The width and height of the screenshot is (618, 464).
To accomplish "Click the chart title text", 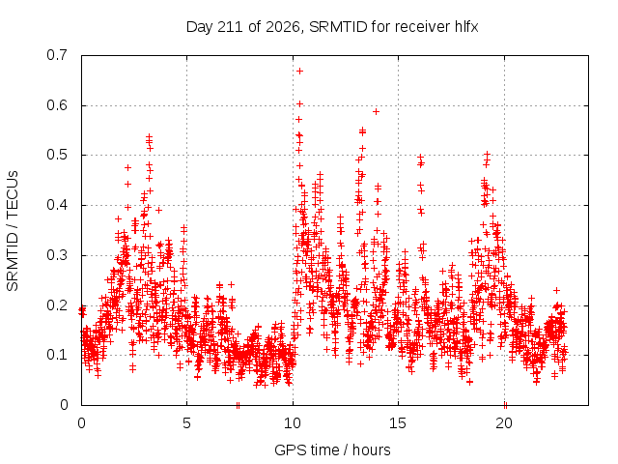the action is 332,27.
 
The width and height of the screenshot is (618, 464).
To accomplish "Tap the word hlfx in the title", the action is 466,27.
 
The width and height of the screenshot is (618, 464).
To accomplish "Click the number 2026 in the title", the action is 283,27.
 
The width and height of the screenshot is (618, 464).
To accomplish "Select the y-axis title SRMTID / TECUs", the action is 13,231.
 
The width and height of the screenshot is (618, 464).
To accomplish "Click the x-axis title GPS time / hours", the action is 332,449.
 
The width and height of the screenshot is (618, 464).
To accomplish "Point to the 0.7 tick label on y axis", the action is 57,55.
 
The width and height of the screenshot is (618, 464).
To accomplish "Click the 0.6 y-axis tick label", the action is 57,105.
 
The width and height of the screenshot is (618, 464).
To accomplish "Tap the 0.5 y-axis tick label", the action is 57,155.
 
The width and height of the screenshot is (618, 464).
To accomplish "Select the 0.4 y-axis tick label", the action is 57,205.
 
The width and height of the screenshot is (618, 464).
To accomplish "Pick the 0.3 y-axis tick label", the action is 57,255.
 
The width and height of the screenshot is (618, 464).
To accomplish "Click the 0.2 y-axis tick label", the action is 57,305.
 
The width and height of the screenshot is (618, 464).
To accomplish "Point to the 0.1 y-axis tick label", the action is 57,355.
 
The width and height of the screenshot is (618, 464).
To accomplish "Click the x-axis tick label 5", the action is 186,423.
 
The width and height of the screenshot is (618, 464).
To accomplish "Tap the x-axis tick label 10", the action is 293,423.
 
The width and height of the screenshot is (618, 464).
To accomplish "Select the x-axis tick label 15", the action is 398,423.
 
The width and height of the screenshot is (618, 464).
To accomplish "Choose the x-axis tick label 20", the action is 504,423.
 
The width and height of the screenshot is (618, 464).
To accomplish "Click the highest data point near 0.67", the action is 299,71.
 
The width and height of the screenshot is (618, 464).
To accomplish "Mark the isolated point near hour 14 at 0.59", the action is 376,112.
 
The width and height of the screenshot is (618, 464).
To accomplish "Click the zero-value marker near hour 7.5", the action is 238,405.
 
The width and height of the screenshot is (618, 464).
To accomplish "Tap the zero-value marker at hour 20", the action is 505,405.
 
